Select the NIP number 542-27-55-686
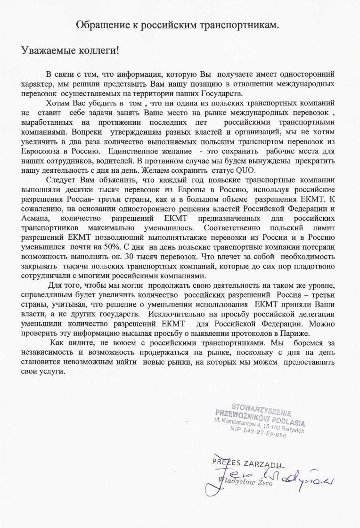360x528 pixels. click(x=264, y=432)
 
